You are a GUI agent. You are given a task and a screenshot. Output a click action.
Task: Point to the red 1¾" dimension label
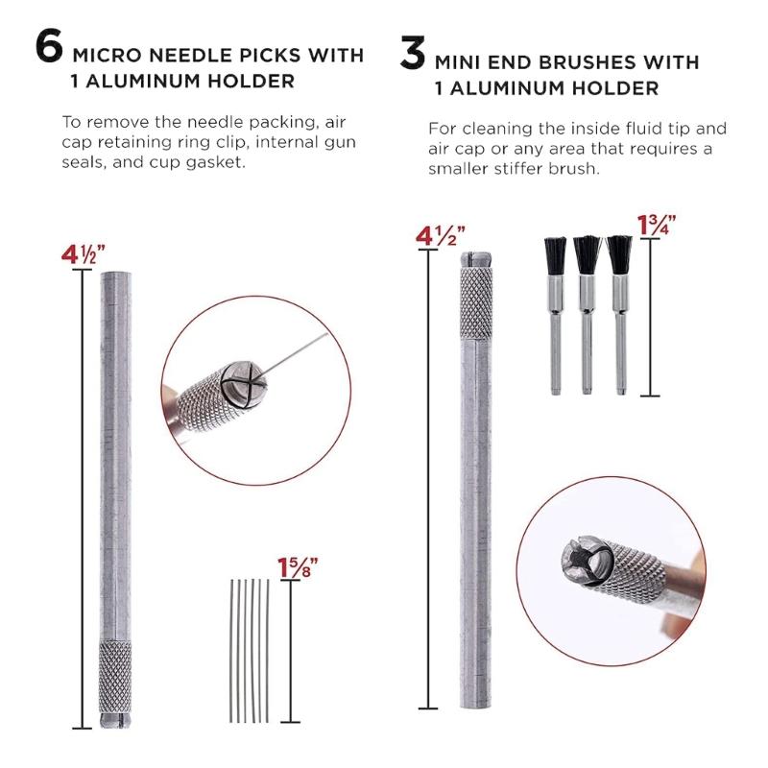point(658,226)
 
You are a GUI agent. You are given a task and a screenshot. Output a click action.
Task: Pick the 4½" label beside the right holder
point(441,236)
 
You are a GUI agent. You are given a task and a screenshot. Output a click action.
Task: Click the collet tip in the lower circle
point(579,562)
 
